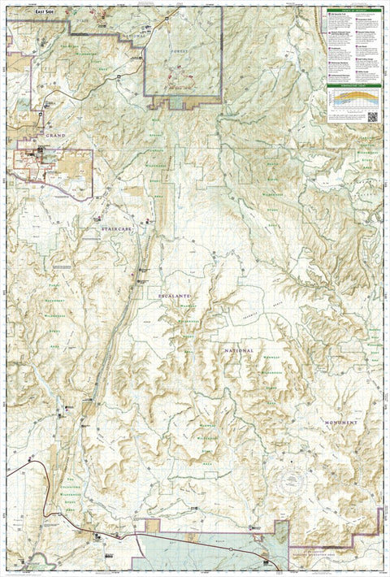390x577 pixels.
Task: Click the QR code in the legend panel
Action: point(373,117)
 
